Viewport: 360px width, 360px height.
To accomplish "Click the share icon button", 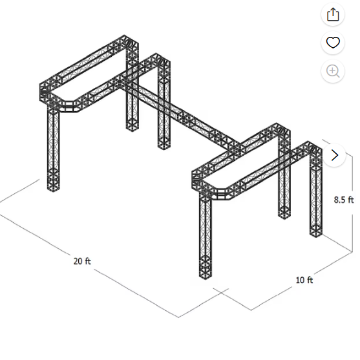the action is [x=333, y=15].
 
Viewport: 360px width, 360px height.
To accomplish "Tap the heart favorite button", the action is [x=333, y=43].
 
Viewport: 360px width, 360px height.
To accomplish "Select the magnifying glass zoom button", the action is [x=333, y=71].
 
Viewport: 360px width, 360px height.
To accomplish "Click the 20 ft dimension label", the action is [x=82, y=261].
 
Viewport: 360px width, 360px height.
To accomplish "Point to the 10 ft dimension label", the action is [x=304, y=280].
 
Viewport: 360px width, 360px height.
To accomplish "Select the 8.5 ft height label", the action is [x=344, y=200].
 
